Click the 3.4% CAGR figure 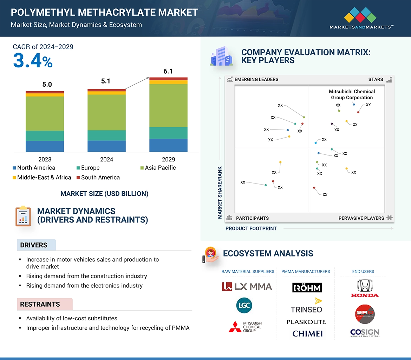[33, 61]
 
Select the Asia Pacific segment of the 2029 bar [168, 105]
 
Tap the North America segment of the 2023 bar [45, 146]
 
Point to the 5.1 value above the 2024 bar [106, 81]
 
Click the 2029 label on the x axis [168, 159]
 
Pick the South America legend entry [98, 178]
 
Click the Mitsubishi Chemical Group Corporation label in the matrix [352, 95]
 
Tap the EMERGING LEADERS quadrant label [256, 79]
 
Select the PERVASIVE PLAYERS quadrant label [361, 218]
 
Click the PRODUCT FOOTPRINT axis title [251, 228]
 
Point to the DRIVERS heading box [36, 245]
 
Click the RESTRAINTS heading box [45, 304]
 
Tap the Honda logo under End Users [365, 288]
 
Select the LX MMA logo [247, 287]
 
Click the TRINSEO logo [307, 306]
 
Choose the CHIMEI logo [307, 334]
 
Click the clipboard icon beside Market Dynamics [23, 216]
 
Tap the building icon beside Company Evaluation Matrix [221, 56]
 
